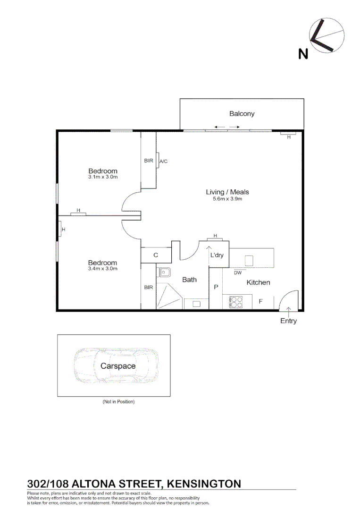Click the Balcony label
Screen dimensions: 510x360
(242, 113)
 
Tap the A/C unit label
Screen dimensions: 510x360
(163, 161)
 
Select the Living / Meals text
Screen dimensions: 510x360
(227, 192)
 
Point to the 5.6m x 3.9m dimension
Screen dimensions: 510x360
(227, 199)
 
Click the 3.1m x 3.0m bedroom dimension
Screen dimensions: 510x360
(102, 177)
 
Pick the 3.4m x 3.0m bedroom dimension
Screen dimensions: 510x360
(102, 269)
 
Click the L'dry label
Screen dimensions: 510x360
(217, 255)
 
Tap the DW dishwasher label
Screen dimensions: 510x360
(238, 272)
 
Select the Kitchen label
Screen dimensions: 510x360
(258, 282)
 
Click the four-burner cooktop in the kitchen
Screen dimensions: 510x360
(236, 302)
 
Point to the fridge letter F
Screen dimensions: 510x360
(260, 301)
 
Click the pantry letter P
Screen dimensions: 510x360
(216, 287)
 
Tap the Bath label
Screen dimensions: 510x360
(189, 280)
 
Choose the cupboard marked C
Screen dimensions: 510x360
(156, 255)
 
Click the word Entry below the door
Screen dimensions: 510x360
(288, 321)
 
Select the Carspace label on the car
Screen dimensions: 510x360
(117, 366)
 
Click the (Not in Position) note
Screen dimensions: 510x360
(118, 401)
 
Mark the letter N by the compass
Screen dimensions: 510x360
(303, 54)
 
